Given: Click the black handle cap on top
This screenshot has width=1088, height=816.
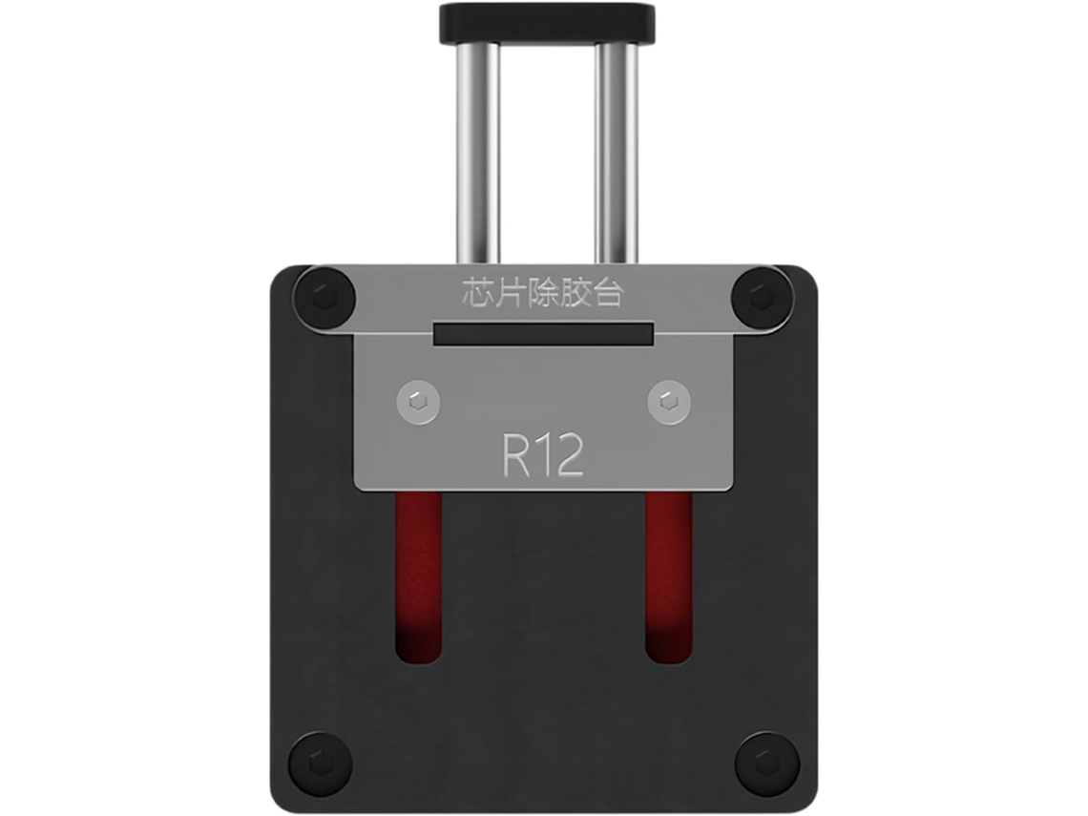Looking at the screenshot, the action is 547,24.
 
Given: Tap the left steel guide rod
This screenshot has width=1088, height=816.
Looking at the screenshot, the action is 477,154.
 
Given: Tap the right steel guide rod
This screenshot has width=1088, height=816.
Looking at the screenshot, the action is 617,154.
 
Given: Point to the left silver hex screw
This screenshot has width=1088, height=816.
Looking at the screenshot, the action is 418,402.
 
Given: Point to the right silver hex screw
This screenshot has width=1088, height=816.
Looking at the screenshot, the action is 669,402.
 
